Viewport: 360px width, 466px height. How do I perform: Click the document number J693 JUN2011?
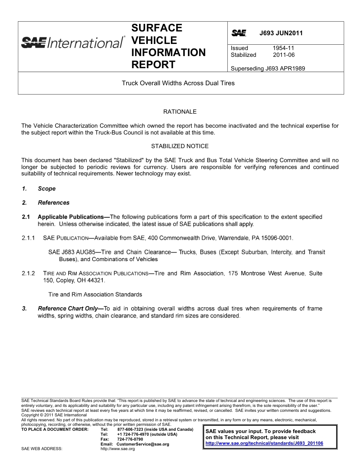coord(281,33)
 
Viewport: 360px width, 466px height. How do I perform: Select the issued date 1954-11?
coord(283,48)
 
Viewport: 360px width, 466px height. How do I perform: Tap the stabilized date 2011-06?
coord(283,55)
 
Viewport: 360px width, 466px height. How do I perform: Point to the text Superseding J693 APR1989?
coord(268,69)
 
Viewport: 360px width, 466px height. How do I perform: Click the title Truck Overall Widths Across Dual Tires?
coord(178,83)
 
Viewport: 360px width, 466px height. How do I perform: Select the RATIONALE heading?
coord(180,112)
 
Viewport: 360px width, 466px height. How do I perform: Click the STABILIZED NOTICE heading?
coord(180,146)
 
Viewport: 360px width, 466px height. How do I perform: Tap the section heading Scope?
coord(47,189)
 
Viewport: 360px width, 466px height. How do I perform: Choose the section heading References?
coord(53,203)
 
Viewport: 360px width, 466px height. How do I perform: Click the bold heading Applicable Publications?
coord(71,217)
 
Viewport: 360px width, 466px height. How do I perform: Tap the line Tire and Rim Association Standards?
coord(95,294)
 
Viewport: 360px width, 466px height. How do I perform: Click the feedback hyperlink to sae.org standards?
coord(264,443)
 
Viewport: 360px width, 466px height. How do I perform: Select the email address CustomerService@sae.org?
coord(142,444)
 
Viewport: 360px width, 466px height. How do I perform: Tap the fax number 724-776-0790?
coord(130,439)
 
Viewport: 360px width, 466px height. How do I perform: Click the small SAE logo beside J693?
coord(239,33)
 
